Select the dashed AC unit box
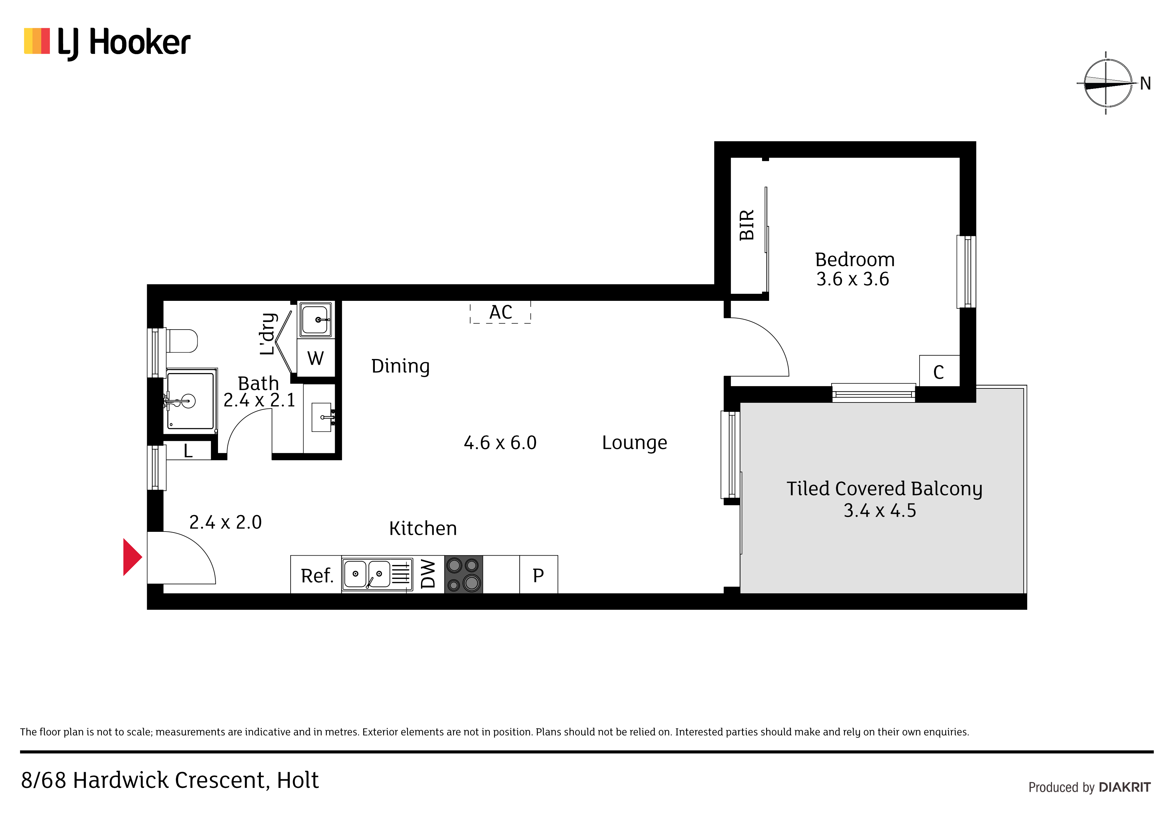[501, 312]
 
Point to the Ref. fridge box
[316, 575]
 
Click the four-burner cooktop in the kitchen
[464, 575]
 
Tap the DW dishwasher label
[428, 574]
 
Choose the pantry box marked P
[538, 575]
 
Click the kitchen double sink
[377, 575]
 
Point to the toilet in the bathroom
[181, 341]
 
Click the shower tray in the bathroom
[190, 400]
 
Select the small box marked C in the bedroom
[939, 371]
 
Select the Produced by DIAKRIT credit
[1089, 787]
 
